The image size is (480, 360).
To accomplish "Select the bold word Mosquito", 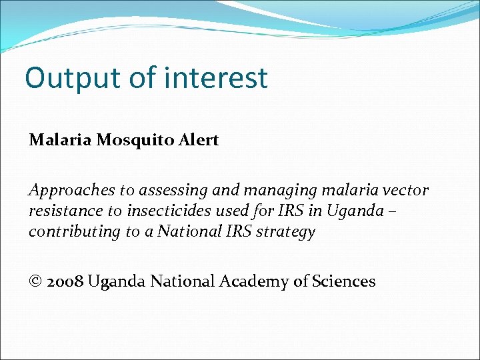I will [137, 141].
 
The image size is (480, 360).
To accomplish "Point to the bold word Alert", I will [199, 141].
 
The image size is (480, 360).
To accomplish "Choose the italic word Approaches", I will [71, 191].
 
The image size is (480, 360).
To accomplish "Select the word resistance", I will [59, 212].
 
